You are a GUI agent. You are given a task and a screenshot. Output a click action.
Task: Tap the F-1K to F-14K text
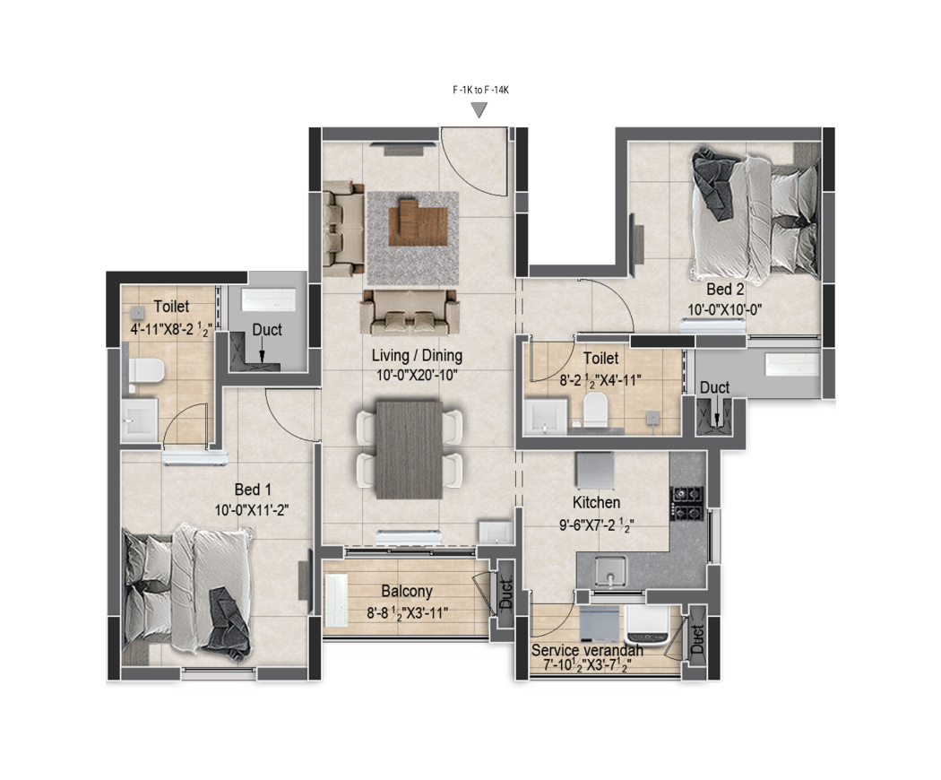[479, 91]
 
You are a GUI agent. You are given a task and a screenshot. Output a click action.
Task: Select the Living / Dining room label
[417, 357]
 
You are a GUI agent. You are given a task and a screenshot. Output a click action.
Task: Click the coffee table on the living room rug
[419, 220]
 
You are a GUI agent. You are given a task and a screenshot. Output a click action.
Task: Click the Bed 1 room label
[252, 490]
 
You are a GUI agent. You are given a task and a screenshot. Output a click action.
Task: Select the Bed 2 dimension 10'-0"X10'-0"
[725, 309]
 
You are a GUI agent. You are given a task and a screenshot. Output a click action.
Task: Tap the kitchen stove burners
[687, 503]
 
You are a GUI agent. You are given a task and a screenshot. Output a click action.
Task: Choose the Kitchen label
[596, 503]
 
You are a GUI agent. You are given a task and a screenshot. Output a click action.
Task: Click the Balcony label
[406, 592]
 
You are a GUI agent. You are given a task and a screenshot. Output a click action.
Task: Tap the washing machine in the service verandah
[648, 624]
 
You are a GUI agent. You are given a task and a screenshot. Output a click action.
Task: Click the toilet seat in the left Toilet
[146, 371]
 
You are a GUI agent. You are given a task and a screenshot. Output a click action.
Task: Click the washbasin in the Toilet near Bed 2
[545, 417]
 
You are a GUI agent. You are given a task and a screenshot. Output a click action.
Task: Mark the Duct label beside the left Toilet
[266, 330]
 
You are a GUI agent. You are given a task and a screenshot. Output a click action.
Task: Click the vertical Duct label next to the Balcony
[505, 595]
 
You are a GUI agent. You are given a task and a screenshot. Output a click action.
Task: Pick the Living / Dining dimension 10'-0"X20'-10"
[417, 375]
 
